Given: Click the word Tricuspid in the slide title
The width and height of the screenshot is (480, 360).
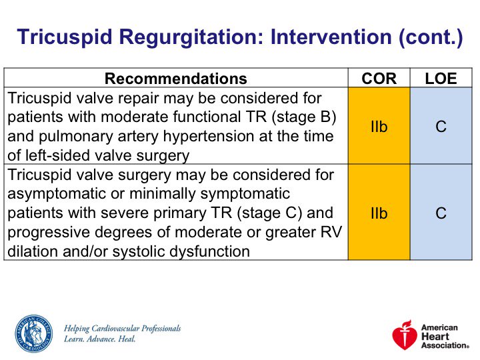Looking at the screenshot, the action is click(x=65, y=37).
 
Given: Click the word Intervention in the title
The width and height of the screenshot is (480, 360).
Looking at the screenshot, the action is click(x=331, y=37).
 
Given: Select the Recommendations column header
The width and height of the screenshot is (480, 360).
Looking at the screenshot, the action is click(x=176, y=79).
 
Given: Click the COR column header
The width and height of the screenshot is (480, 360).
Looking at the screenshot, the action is click(x=379, y=79).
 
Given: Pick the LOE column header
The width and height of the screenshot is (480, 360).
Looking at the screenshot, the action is click(x=441, y=79).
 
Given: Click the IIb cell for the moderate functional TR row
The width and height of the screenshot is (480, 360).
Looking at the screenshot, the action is click(x=379, y=127).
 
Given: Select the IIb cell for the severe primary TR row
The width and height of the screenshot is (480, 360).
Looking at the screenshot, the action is click(x=379, y=213).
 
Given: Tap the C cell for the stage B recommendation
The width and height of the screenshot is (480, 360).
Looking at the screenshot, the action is click(x=441, y=127).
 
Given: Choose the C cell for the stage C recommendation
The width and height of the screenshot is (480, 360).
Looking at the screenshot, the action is click(x=441, y=213).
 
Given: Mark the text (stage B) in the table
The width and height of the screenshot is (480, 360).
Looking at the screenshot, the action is click(x=304, y=117).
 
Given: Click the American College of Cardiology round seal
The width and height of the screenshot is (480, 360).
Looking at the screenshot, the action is click(x=34, y=334).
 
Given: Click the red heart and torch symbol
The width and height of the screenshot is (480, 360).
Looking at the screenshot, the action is click(x=405, y=335).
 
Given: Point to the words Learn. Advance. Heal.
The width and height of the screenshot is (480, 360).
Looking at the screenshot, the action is click(x=99, y=339).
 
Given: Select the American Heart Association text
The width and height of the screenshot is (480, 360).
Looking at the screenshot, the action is click(x=445, y=337).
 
